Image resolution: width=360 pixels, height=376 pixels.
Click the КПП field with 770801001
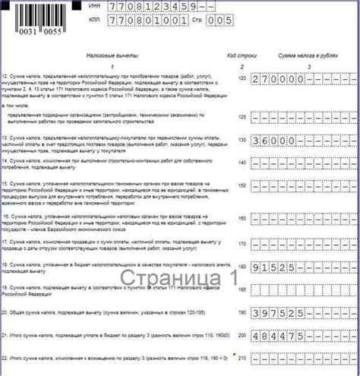tap(145, 23)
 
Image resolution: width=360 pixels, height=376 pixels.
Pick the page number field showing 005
tap(219, 23)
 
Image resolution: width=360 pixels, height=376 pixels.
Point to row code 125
tap(242, 117)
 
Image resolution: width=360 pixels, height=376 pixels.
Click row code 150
tap(242, 185)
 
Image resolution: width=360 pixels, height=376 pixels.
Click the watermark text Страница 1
tap(179, 276)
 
